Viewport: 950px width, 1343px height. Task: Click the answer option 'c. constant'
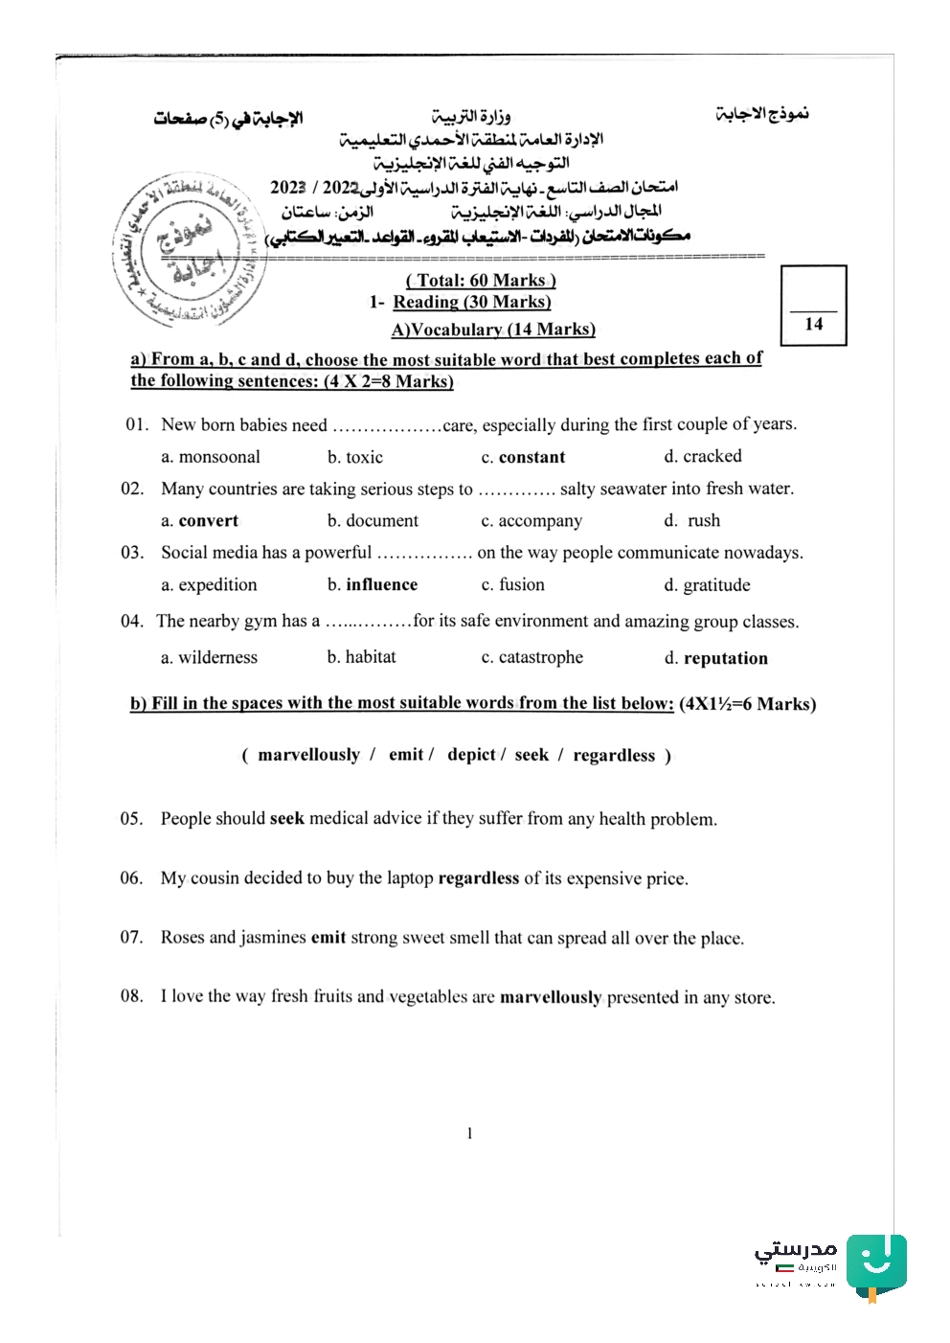click(523, 457)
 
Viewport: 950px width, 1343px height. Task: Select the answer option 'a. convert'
click(199, 521)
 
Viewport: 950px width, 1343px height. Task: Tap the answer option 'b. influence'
click(373, 584)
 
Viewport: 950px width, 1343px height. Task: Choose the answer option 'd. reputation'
click(716, 658)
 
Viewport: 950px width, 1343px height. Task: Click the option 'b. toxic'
click(355, 457)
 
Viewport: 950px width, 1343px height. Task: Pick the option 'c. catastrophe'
click(532, 657)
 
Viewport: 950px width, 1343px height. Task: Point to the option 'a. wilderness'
click(209, 657)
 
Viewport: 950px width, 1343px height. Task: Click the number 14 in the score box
click(814, 324)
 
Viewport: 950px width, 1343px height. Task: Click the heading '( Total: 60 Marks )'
click(481, 280)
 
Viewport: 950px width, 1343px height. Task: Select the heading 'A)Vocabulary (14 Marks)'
click(493, 330)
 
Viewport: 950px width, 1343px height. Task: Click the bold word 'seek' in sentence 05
click(287, 818)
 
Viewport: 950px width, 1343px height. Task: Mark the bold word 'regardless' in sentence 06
click(479, 877)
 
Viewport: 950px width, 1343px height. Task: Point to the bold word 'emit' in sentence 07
click(328, 937)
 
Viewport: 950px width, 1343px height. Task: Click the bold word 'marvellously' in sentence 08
click(551, 997)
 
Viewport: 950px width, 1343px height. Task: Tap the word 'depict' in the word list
click(472, 755)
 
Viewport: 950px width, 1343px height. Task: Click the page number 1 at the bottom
click(469, 1133)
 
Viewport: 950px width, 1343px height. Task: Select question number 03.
click(131, 553)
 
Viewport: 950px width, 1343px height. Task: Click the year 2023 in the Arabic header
click(287, 187)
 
